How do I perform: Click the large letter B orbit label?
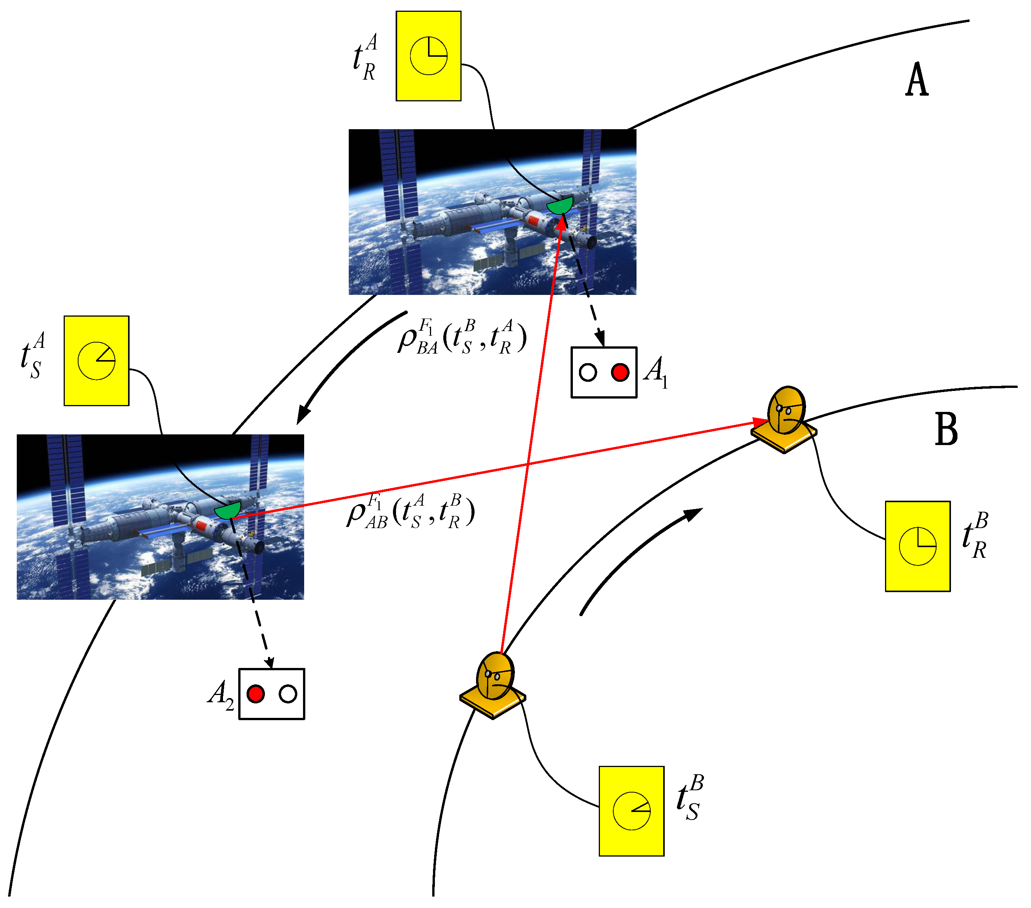pos(946,429)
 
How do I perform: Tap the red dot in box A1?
pos(620,373)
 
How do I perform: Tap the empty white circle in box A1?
pos(588,373)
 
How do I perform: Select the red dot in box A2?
pos(256,694)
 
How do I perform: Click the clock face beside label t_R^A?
pos(428,56)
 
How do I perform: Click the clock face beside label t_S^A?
pos(96,361)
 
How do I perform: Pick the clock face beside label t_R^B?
pos(917,546)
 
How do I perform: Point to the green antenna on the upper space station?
pos(560,205)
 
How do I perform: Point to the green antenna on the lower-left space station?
pos(228,510)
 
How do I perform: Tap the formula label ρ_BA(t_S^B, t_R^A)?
pos(462,337)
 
